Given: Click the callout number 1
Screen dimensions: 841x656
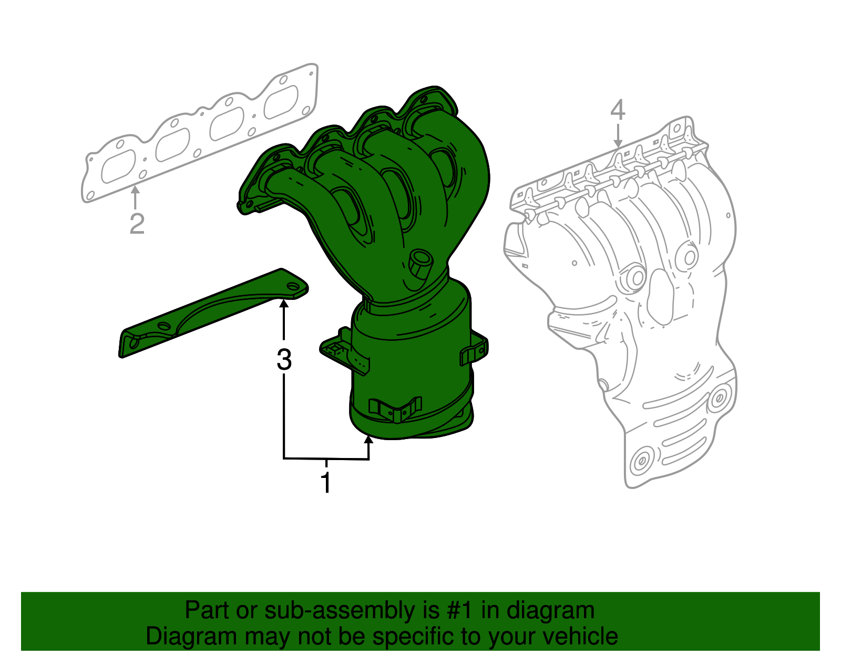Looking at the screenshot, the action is click(326, 482).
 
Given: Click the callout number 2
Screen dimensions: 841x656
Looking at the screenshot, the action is click(137, 224).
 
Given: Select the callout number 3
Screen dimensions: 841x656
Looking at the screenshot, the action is click(284, 360).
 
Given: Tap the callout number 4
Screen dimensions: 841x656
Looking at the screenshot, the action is click(618, 110).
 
